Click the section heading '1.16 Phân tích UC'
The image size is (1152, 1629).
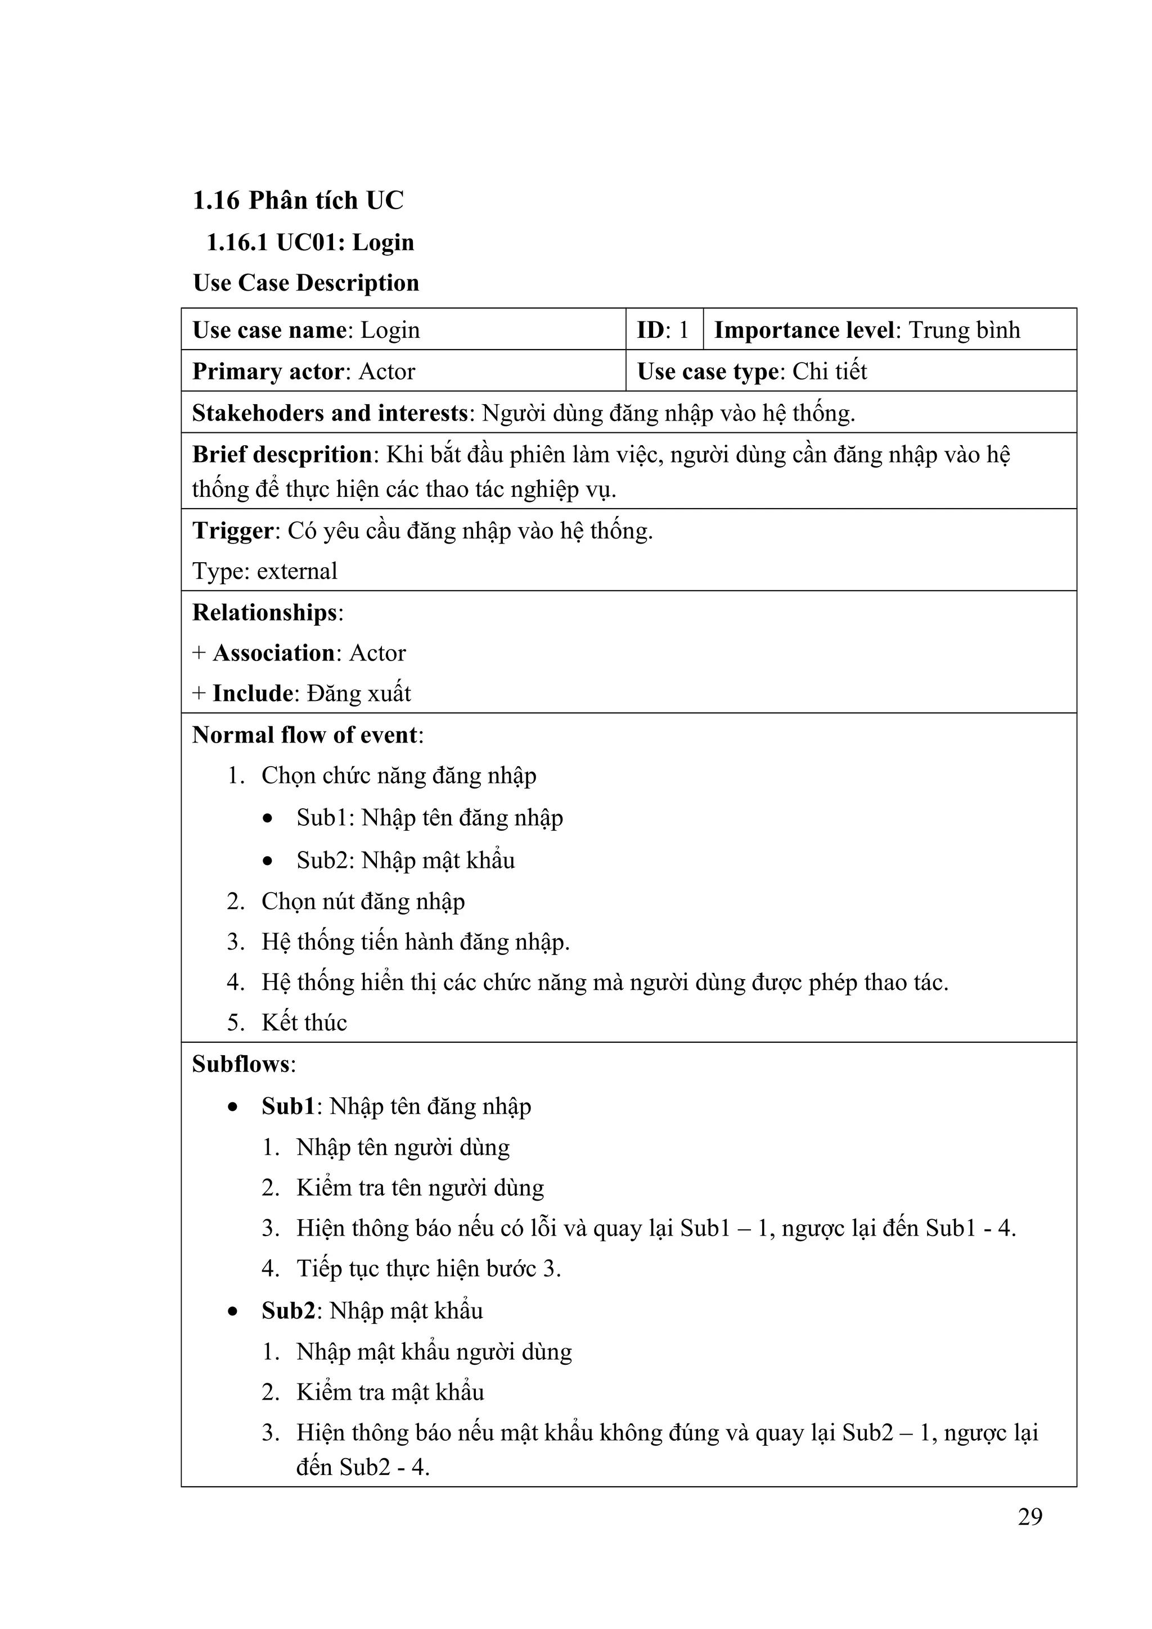click(298, 201)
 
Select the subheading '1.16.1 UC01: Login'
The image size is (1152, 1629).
click(309, 243)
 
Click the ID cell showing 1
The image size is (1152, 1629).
click(664, 330)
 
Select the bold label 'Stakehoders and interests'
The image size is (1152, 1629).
click(330, 413)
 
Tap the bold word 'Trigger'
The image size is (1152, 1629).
click(232, 531)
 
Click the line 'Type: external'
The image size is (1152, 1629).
click(265, 571)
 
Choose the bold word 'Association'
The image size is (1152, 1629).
click(273, 653)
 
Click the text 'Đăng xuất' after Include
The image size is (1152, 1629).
click(359, 693)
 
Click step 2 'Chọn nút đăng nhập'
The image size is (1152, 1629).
click(363, 901)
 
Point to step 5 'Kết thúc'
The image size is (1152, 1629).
click(304, 1022)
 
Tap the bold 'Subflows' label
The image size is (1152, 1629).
click(241, 1064)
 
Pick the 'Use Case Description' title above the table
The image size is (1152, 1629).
click(306, 283)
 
